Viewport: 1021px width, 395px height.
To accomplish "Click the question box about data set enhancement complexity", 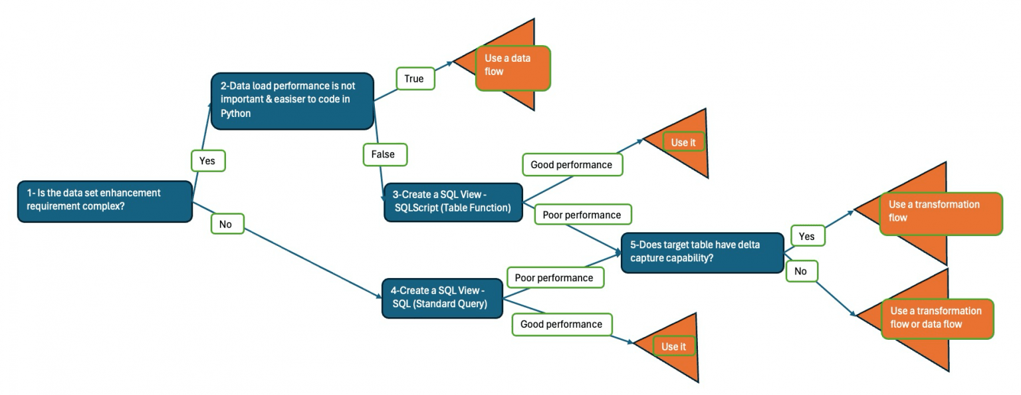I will click(x=105, y=200).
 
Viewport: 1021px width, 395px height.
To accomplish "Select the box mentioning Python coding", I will click(x=292, y=100).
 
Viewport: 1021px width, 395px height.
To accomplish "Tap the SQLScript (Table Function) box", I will click(x=453, y=201).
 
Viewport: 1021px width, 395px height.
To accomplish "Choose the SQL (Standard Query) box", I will click(x=441, y=298).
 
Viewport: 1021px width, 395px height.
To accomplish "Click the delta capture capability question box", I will click(x=702, y=252).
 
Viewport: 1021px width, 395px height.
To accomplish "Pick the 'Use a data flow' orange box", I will click(x=512, y=67).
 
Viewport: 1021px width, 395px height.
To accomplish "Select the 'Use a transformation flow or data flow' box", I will click(x=937, y=319).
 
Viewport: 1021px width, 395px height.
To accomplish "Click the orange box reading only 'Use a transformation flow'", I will click(x=940, y=213).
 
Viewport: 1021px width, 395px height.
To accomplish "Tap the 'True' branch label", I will click(x=414, y=79).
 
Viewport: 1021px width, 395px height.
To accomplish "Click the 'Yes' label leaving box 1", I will click(x=207, y=161).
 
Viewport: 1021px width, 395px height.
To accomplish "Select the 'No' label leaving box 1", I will click(x=226, y=225).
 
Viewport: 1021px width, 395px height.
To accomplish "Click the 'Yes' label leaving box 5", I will click(x=806, y=236).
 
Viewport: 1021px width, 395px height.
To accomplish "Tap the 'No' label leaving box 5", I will click(x=800, y=271).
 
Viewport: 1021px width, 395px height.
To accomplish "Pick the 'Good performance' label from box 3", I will click(x=572, y=164).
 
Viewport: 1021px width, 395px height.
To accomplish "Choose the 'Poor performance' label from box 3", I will click(x=582, y=215).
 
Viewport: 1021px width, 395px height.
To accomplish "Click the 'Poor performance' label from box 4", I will click(x=554, y=277).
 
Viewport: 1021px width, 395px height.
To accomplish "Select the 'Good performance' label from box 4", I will click(x=561, y=324).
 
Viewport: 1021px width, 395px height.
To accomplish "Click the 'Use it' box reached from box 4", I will click(x=673, y=346).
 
